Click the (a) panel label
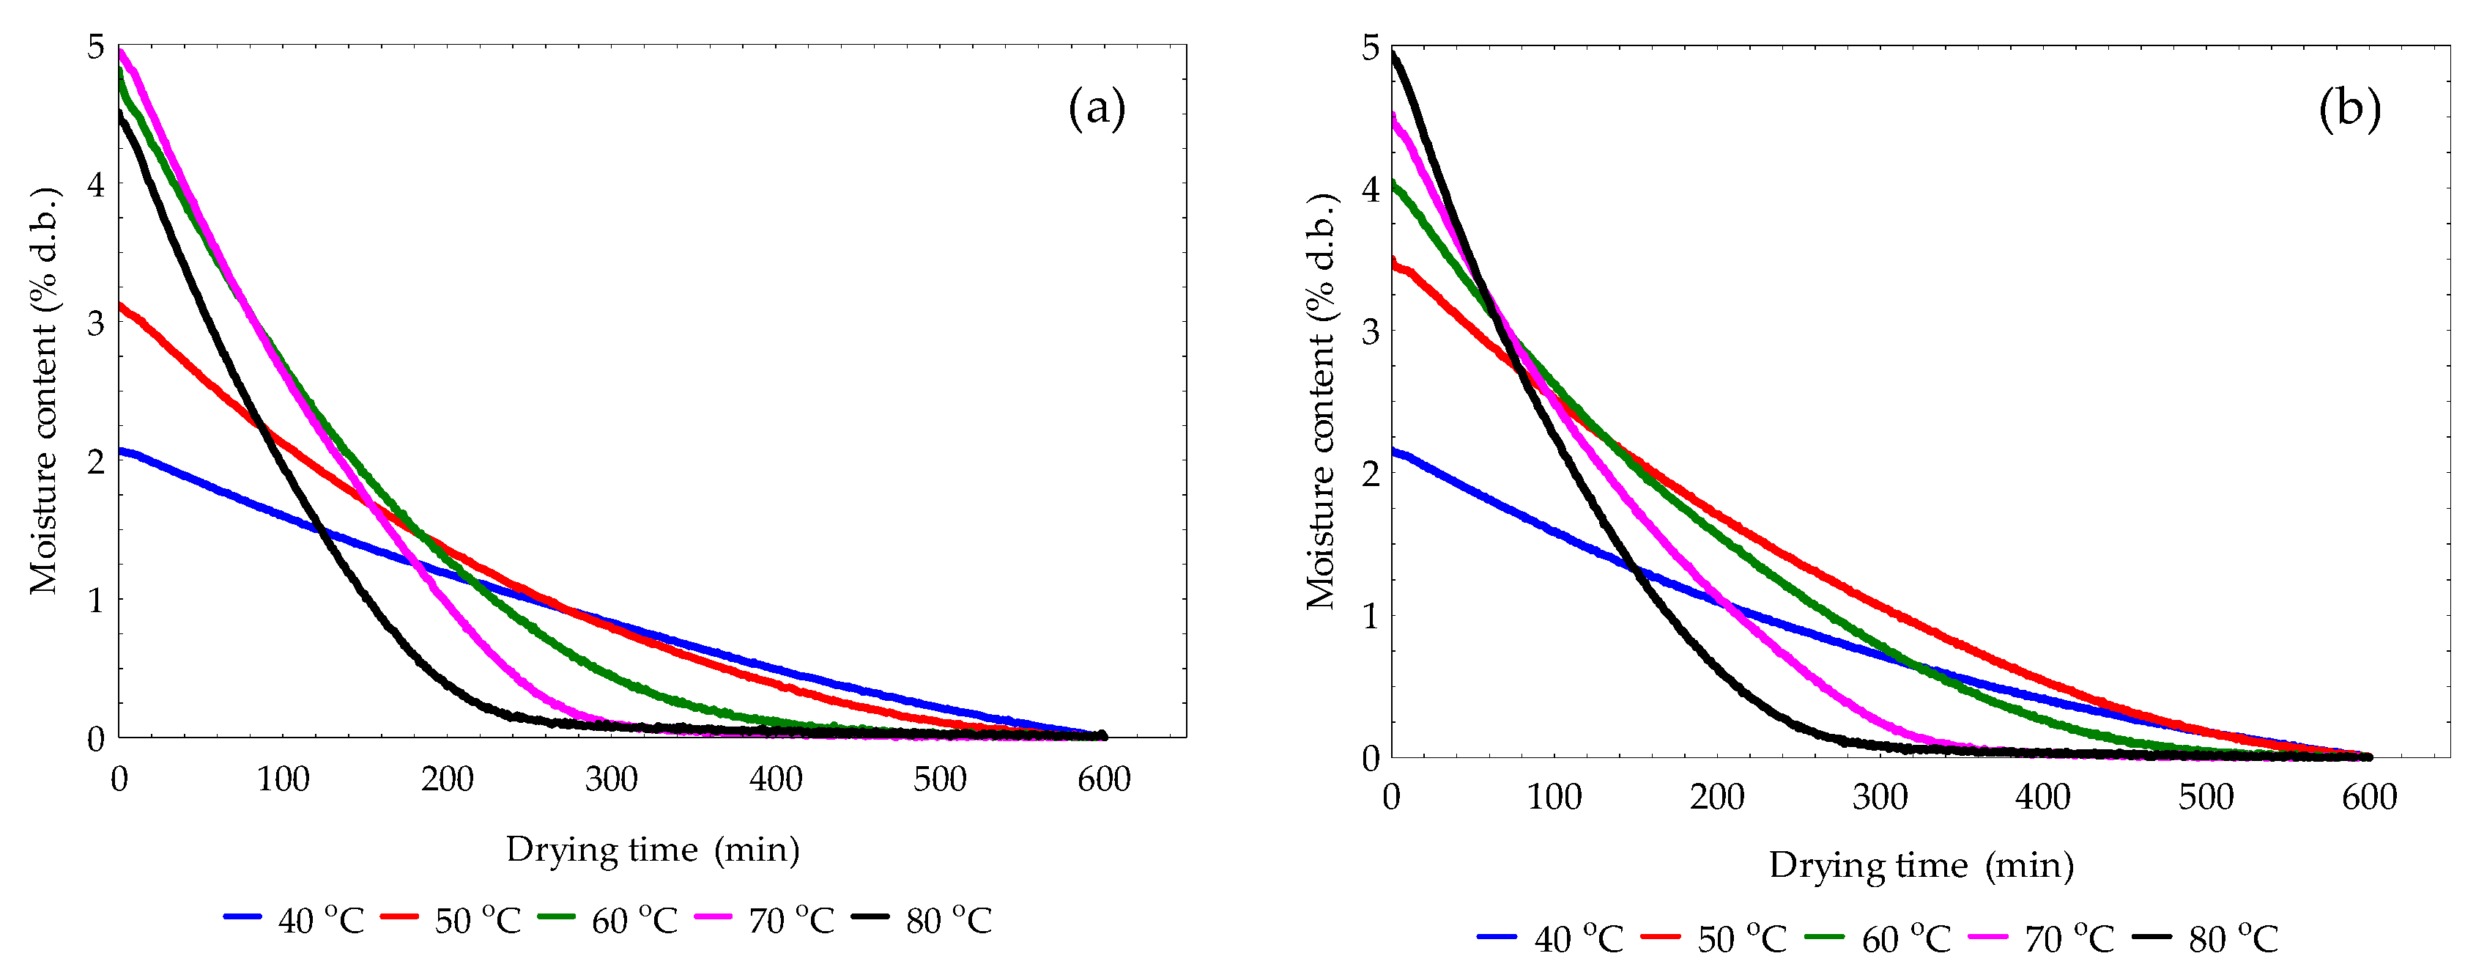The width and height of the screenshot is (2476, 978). [x=1096, y=108]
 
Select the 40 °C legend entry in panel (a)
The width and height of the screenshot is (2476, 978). [x=294, y=920]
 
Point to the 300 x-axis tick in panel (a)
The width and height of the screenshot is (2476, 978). [x=612, y=779]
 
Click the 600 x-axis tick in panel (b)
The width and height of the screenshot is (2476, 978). [x=2368, y=797]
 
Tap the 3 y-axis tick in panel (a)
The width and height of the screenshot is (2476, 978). [x=95, y=323]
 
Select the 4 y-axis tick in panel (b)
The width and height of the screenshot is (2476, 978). [x=1370, y=188]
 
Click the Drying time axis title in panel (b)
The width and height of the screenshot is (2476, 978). [x=1921, y=866]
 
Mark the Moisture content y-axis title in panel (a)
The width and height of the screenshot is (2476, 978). [x=43, y=391]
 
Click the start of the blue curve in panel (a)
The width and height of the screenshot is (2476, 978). [x=120, y=450]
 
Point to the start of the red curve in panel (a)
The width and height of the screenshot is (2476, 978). [x=120, y=306]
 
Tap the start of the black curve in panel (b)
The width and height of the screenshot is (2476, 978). [x=1393, y=55]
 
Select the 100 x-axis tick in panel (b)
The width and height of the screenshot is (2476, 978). [x=1554, y=797]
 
